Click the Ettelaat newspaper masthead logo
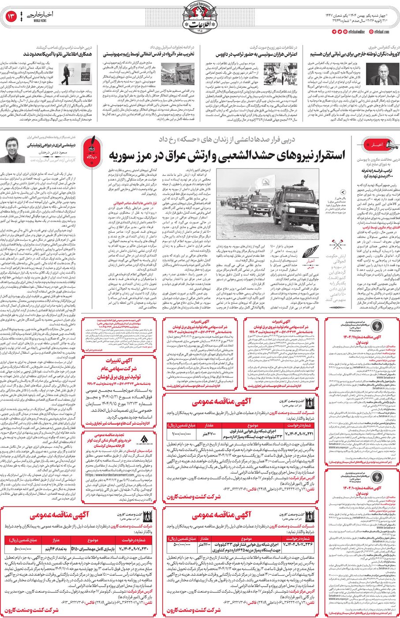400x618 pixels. (x=200, y=18)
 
